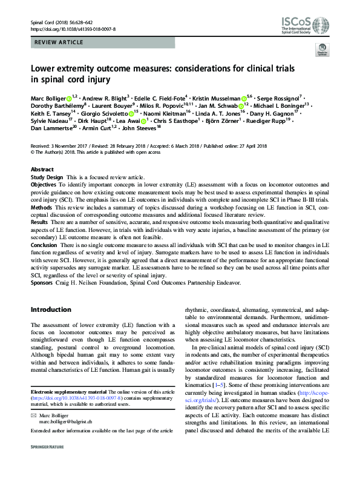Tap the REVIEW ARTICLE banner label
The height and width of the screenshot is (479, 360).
point(54,44)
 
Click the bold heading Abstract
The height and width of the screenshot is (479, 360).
point(42,170)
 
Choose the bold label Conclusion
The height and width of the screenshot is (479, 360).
point(45,244)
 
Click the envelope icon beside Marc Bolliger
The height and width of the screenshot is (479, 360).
point(33,414)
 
